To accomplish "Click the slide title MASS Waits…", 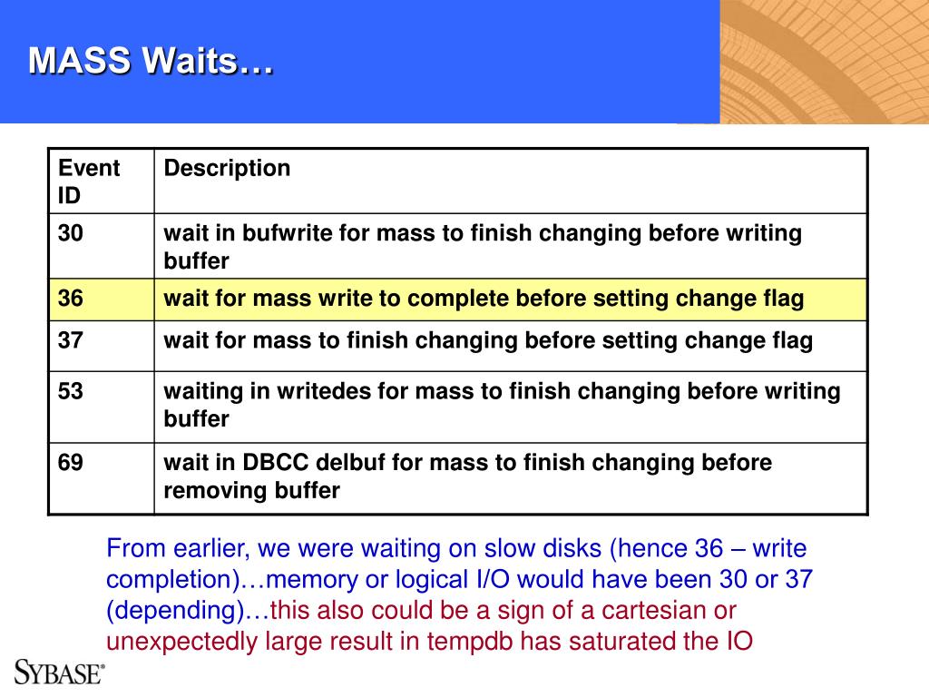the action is coord(152,61).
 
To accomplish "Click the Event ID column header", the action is coord(89,182).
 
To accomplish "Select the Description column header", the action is coord(227,168).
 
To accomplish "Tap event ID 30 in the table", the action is coord(71,233).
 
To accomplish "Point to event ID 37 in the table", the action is coord(71,340).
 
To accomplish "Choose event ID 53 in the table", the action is coord(71,391).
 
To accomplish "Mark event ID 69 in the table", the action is coord(71,462).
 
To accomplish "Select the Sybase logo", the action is coord(59,672).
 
